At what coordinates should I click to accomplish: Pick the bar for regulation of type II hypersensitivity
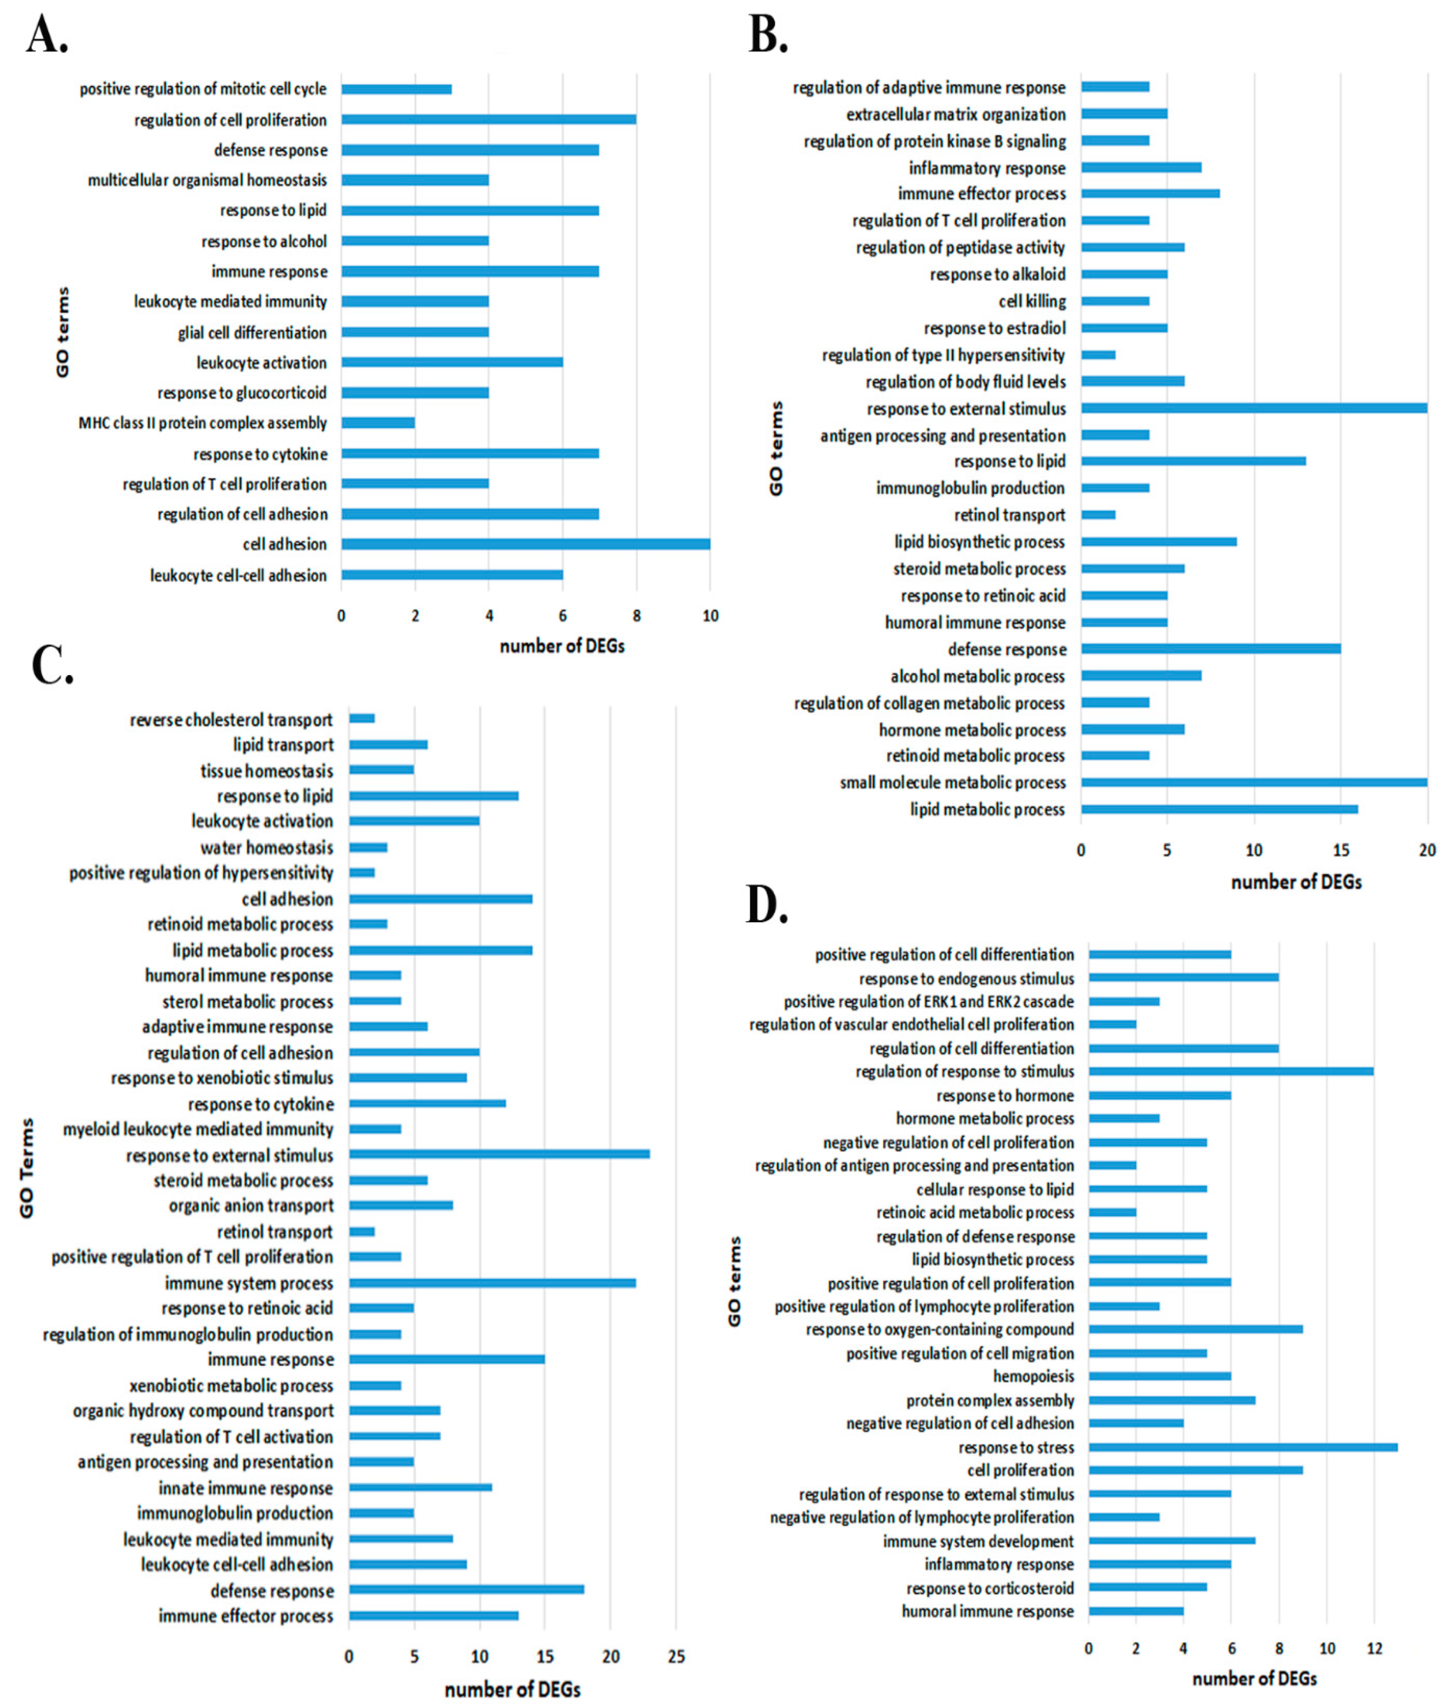(x=1098, y=355)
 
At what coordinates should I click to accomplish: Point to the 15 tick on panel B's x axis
(x=1341, y=850)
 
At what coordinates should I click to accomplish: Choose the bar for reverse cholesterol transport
(x=362, y=719)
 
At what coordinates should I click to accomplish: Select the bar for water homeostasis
(x=368, y=847)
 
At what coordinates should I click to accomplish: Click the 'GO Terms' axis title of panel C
(x=27, y=1168)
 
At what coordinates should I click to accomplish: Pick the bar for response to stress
(x=1242, y=1447)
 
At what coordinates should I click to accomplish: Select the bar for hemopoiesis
(x=1159, y=1376)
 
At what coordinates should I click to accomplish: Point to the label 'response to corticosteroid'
(x=990, y=1589)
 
